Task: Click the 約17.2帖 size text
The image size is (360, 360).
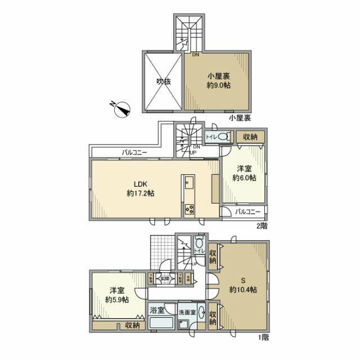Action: (140, 193)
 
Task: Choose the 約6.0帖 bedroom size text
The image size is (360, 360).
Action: (245, 177)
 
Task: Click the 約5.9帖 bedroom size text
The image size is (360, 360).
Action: (116, 299)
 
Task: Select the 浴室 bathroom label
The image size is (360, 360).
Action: (156, 310)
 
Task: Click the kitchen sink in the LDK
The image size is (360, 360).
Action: (188, 183)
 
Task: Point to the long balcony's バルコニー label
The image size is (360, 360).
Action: (135, 152)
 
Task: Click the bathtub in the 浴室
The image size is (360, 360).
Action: (161, 325)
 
